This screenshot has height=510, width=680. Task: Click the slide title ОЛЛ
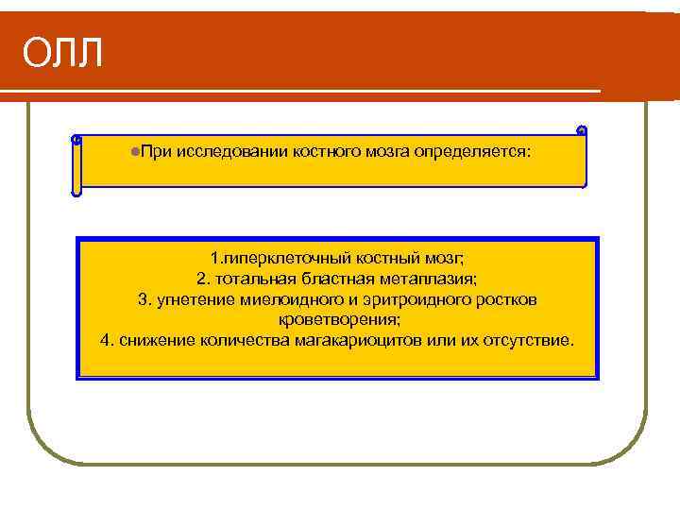(62, 55)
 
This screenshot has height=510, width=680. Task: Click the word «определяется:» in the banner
(471, 151)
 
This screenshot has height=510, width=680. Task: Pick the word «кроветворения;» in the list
(337, 320)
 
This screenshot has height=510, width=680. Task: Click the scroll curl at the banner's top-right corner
(581, 130)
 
